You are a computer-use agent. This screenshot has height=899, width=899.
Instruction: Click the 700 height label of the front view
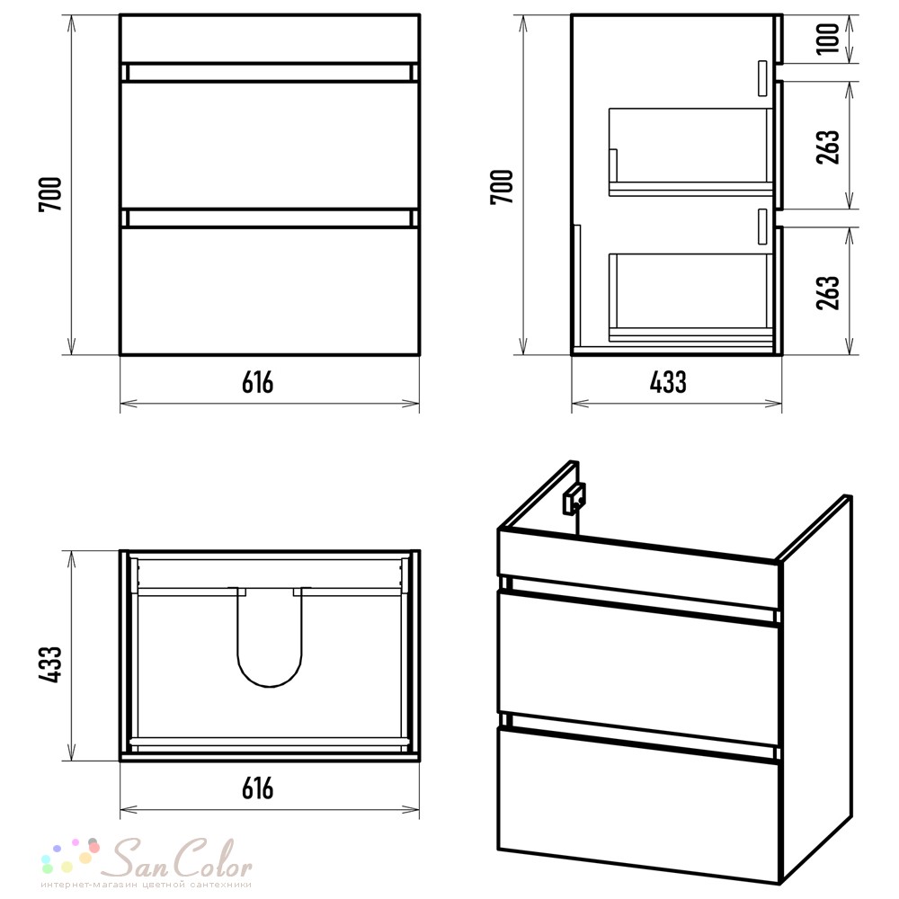point(50,195)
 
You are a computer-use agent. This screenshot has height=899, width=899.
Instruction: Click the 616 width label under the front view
point(258,382)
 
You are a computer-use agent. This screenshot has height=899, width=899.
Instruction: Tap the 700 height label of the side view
point(503,187)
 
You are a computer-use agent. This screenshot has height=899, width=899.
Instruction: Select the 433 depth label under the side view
point(668,382)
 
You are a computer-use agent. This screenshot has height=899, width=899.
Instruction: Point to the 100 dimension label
point(828,39)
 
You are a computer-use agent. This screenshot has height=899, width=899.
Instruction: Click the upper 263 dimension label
point(828,147)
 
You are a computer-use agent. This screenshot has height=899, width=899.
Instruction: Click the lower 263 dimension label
point(828,293)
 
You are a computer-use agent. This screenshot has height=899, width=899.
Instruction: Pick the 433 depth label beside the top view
point(50,664)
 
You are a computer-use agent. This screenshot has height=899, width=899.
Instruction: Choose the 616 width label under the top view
point(258,789)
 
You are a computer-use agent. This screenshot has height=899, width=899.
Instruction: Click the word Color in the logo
point(212,859)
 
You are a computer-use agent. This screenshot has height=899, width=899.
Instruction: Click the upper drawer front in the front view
point(270,145)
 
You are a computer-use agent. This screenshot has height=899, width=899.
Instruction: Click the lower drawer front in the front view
point(270,291)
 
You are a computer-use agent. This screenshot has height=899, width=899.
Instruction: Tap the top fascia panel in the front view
point(270,39)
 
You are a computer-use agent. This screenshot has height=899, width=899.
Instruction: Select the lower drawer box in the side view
point(690,297)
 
